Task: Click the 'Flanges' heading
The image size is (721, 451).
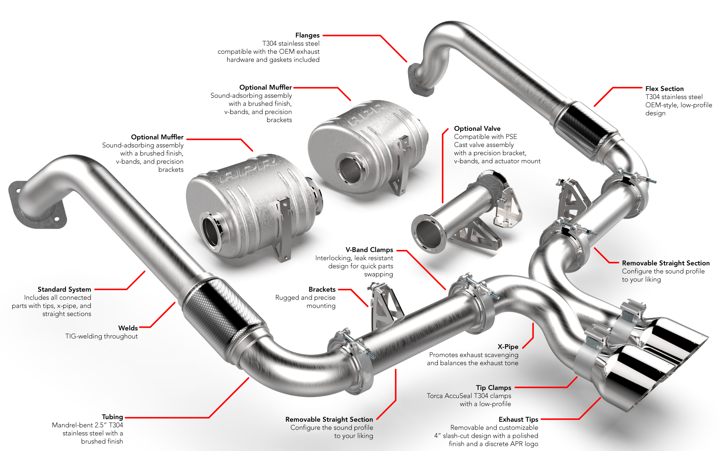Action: click(307, 35)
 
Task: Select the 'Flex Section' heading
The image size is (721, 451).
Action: click(664, 89)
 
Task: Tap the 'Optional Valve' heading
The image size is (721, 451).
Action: click(477, 129)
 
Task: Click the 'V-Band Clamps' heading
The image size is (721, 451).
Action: click(369, 250)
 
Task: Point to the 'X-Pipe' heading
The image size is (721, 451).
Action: click(508, 347)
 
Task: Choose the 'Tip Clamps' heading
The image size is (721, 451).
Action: click(493, 388)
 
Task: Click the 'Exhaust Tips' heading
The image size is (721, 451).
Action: click(518, 419)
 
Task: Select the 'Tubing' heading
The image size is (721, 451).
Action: click(112, 417)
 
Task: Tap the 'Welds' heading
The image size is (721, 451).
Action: click(128, 328)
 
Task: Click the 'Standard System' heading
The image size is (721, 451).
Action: click(64, 289)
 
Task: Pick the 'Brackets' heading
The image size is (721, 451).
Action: click(322, 289)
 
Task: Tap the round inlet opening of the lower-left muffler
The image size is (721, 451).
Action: click(212, 231)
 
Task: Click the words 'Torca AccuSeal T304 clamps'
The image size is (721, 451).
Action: click(469, 396)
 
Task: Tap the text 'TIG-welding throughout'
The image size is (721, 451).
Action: click(101, 336)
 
